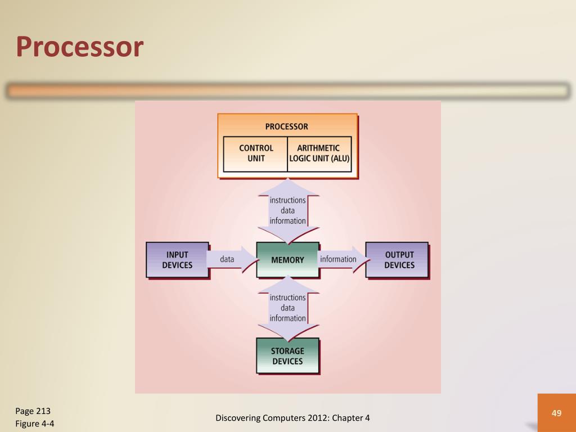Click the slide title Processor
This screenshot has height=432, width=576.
tap(79, 47)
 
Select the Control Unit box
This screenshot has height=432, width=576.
tap(256, 153)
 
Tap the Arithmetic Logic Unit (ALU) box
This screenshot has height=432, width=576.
tap(319, 153)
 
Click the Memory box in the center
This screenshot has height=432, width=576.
tap(287, 260)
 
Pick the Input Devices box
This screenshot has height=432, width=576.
tap(177, 260)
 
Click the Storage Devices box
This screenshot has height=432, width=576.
tap(287, 356)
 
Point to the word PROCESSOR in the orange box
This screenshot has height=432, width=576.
tap(287, 127)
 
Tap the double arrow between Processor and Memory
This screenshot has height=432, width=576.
tap(287, 210)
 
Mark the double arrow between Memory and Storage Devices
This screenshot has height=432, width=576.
tap(287, 308)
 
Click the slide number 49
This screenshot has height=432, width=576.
tap(556, 413)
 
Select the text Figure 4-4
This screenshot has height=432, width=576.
tap(38, 424)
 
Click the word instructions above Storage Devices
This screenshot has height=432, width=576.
tap(287, 298)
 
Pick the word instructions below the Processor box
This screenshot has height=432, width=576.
tap(287, 200)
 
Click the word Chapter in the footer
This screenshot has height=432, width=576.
tap(348, 417)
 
